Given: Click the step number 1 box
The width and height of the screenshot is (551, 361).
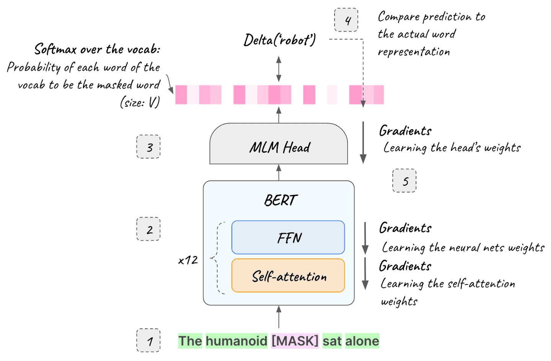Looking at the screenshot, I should click(148, 340).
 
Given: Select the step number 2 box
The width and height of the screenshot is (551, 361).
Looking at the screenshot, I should click(148, 229).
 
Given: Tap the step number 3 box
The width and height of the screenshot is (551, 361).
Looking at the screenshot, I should click(148, 147).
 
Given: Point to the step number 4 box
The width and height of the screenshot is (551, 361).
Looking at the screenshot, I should click(346, 20).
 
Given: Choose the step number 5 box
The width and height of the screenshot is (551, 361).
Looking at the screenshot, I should click(404, 181).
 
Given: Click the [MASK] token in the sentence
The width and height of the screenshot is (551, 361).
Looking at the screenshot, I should click(295, 341).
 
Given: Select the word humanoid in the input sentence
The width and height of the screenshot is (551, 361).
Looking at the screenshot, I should click(236, 341).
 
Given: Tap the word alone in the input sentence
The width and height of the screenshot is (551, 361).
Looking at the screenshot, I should click(362, 341).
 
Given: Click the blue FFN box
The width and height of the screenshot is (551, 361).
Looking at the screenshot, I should click(288, 237).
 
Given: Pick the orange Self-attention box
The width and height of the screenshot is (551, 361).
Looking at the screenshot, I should click(288, 276).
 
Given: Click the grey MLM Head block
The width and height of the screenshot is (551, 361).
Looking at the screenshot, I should click(279, 147).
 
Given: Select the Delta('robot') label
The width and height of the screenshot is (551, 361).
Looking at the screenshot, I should click(280, 40).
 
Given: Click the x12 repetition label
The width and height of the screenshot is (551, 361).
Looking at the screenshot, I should click(188, 260).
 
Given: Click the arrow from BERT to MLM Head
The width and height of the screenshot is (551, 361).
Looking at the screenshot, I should click(279, 172).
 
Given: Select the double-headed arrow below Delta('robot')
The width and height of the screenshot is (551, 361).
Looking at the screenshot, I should click(279, 69).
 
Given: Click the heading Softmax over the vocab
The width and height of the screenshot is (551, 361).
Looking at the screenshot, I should click(97, 49).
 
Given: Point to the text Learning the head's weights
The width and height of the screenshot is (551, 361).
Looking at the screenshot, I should click(452, 148).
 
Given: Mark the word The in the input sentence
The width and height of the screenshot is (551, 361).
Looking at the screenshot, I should click(190, 341).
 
